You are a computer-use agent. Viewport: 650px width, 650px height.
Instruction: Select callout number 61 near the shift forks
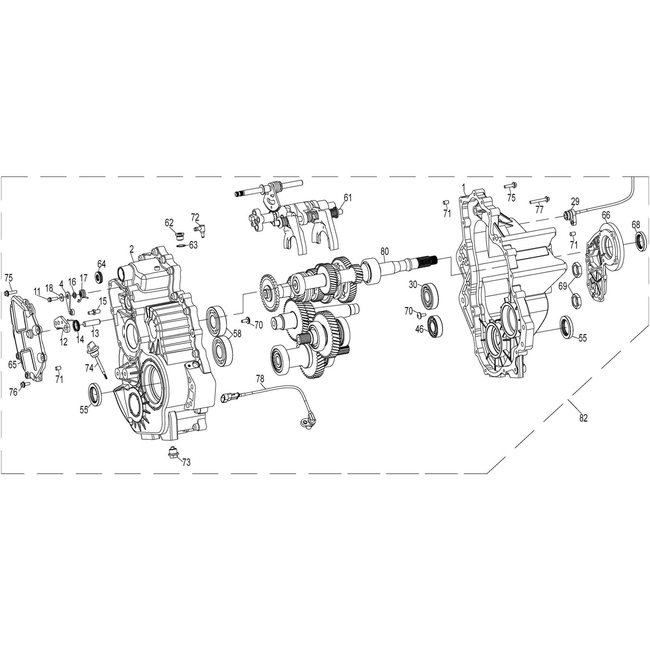(347, 198)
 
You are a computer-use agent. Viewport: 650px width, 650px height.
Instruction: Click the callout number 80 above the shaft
(384, 251)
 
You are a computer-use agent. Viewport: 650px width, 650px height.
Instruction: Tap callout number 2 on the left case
(132, 249)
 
